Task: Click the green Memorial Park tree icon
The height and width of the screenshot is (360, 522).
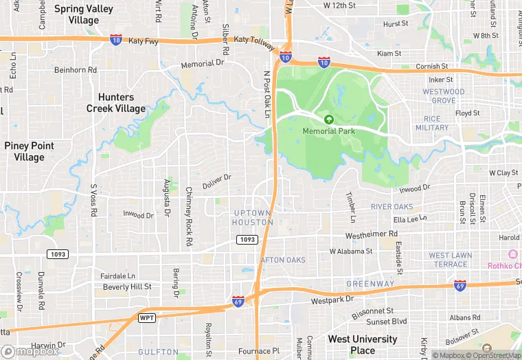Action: pos(328,120)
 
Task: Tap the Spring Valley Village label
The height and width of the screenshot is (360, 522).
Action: pos(83,14)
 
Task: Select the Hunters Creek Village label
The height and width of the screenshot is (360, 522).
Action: pos(116,102)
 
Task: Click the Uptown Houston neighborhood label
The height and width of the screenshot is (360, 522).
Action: pos(253,217)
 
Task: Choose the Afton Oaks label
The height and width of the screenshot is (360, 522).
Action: pos(283,260)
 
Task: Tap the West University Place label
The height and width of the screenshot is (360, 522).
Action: pos(362,344)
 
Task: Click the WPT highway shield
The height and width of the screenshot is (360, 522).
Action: pos(146,317)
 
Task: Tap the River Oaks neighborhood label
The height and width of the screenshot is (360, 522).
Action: pos(391,207)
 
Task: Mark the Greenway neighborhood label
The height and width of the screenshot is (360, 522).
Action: pos(370,283)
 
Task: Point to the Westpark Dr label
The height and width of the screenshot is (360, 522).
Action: pos(331,300)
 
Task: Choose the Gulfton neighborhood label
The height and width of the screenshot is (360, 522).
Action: pos(158,352)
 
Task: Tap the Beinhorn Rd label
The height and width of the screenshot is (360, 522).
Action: pos(76,69)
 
